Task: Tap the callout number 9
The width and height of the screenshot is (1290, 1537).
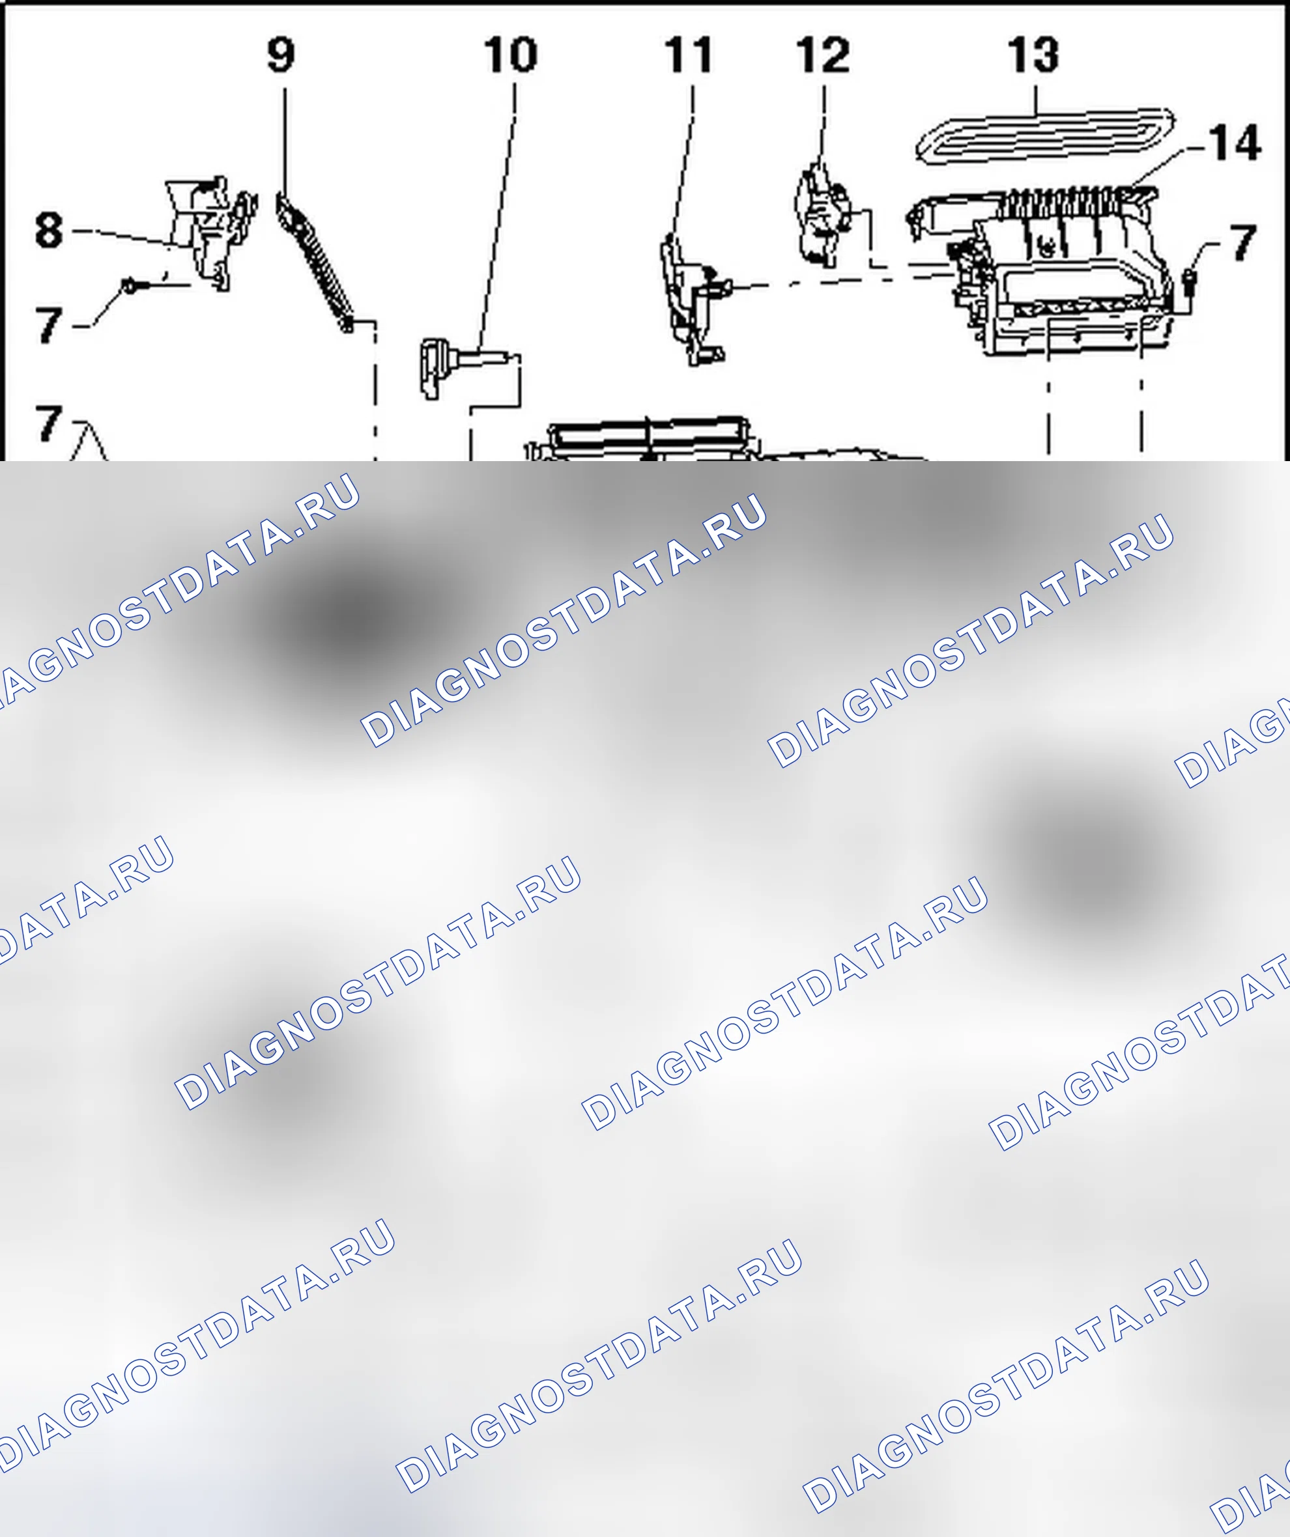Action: [x=281, y=55]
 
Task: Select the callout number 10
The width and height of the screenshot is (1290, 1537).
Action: [x=511, y=54]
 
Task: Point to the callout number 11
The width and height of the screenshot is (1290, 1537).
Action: [x=688, y=55]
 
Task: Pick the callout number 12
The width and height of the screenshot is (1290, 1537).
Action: [x=823, y=55]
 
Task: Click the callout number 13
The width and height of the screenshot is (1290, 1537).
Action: [x=1034, y=55]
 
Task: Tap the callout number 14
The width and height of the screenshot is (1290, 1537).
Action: [x=1235, y=142]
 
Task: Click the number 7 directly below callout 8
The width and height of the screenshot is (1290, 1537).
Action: [x=49, y=324]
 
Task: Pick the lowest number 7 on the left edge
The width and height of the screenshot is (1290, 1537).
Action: [x=49, y=423]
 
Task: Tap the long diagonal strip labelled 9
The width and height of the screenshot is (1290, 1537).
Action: [x=315, y=261]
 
